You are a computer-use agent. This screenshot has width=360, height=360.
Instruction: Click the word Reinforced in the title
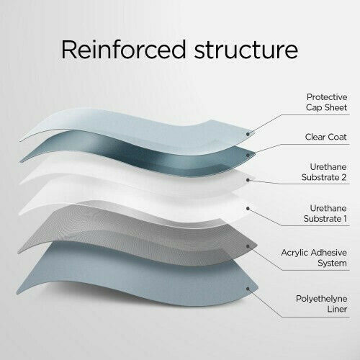coord(124,49)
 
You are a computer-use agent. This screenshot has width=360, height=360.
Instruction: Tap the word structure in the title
coord(246,50)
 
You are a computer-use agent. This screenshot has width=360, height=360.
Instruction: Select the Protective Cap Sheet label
coord(327,102)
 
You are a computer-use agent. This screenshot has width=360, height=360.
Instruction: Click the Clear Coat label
coord(325,137)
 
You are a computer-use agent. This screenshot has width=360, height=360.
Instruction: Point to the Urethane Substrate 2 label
coord(324,172)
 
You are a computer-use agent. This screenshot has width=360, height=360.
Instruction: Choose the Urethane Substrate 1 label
coord(325,213)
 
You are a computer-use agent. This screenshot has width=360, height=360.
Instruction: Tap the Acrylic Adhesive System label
coord(314,258)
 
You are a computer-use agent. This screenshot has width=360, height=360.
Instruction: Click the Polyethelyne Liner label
coord(321,304)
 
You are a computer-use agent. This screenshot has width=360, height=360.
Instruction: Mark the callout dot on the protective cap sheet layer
coord(248,134)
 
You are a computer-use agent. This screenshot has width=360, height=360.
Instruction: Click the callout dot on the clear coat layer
coord(248,156)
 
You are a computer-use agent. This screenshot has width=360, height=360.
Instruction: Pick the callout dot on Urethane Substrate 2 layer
coord(248,180)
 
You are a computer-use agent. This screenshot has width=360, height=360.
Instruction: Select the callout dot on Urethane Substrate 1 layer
coord(248,209)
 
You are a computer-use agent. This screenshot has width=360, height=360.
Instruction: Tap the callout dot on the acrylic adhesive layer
coord(248,246)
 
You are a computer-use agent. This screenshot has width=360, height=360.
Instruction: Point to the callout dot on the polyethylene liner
coord(248,288)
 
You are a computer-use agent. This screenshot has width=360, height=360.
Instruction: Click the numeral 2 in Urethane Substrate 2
coord(343,177)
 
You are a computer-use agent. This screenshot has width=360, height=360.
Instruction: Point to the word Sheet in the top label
coord(336,107)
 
